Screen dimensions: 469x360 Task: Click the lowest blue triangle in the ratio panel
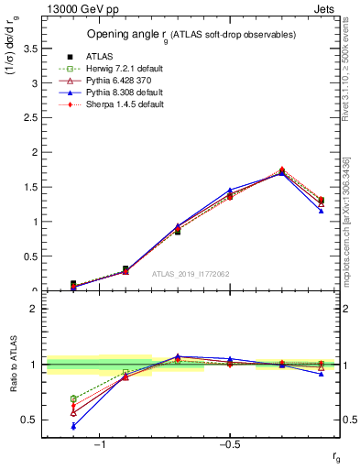pos(73,426)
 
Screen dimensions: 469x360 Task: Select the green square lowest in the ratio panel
pos(73,398)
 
